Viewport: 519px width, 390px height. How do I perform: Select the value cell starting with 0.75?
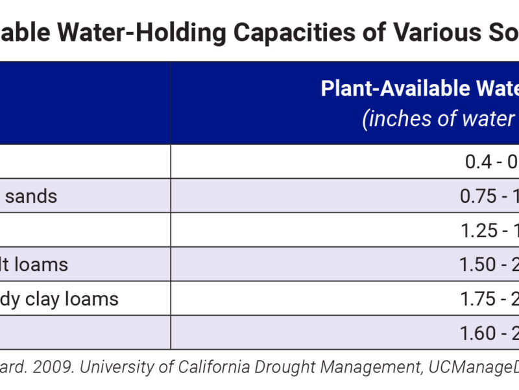coord(487,196)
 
